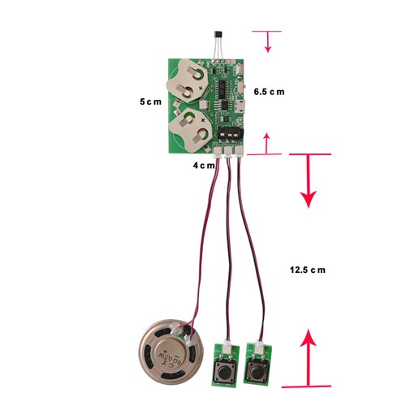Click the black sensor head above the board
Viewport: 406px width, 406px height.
click(218, 36)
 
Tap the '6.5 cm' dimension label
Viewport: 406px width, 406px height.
click(269, 92)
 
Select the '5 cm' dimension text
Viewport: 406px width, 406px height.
click(150, 101)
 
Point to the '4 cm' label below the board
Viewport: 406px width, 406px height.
click(204, 165)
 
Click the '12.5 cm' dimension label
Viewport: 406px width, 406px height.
click(308, 270)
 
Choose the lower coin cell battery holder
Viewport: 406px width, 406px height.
click(189, 129)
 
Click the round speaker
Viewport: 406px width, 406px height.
click(171, 352)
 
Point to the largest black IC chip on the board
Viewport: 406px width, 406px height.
click(224, 89)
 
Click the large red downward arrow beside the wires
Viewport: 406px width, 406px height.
click(308, 180)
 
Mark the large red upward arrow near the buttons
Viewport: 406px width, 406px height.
click(308, 357)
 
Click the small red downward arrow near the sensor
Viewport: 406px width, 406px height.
click(268, 41)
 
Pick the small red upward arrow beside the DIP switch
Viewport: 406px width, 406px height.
click(267, 144)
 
